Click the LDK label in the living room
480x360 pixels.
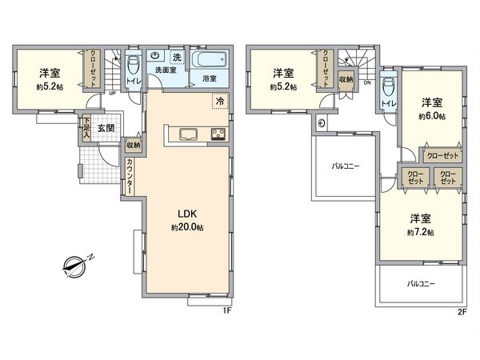pyautogui.click(x=187, y=214)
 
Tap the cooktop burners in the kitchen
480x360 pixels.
pyautogui.click(x=218, y=134)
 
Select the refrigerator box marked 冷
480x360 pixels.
pyautogui.click(x=218, y=101)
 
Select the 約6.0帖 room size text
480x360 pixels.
pyautogui.click(x=432, y=115)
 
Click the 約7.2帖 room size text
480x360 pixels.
pyautogui.click(x=419, y=232)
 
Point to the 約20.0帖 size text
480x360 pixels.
pyautogui.click(x=187, y=227)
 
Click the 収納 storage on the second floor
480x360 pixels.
pyautogui.click(x=346, y=81)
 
